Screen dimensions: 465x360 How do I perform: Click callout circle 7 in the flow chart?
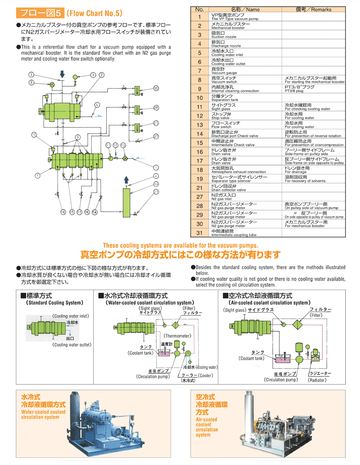[x=93, y=75]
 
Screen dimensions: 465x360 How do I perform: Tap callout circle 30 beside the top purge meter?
[x=156, y=89]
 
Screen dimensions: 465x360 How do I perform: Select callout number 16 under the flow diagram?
[x=63, y=212]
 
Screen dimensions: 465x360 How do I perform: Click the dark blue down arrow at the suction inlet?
[x=62, y=74]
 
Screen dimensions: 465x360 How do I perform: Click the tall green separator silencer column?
[x=126, y=201]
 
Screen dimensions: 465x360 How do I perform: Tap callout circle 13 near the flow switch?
[x=123, y=145]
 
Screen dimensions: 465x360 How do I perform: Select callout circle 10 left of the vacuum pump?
[x=34, y=134]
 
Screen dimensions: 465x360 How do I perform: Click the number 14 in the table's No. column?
[x=199, y=134]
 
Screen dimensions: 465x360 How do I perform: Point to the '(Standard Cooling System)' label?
[x=55, y=303]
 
